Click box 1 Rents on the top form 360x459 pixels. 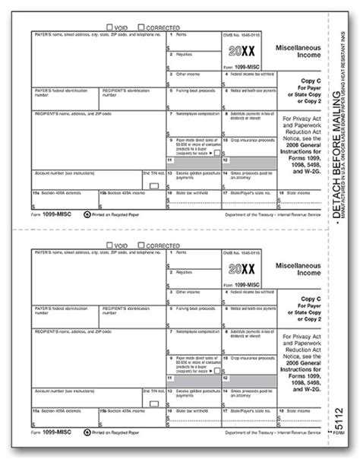[x=195, y=41]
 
